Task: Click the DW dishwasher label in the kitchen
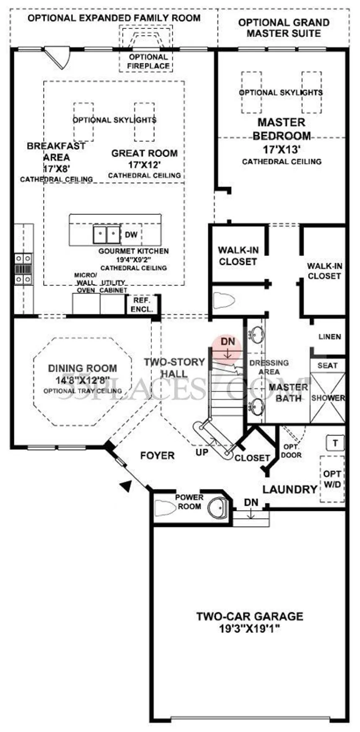tap(131, 235)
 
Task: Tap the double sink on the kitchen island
tap(107, 235)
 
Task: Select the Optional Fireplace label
tap(148, 61)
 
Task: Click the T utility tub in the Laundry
tap(336, 443)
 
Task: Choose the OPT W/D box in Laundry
tap(332, 479)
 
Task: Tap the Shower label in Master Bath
tap(328, 398)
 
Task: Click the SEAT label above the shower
tap(327, 365)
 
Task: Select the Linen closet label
tap(329, 336)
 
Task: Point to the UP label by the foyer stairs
tap(202, 452)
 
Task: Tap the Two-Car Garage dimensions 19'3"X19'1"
tap(249, 629)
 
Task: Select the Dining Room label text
tap(82, 369)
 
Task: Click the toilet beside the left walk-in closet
tap(224, 300)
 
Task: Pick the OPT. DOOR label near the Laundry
tap(291, 451)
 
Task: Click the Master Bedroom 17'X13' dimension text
tap(281, 149)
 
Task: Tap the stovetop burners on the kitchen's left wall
tap(23, 268)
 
